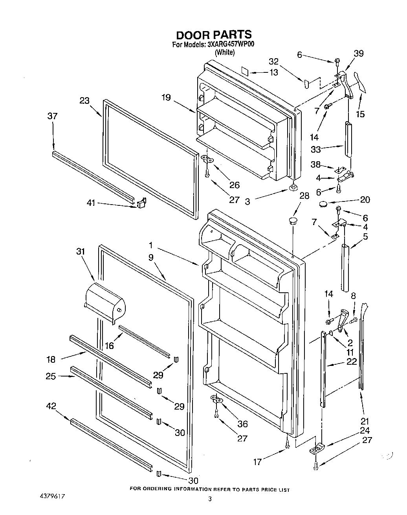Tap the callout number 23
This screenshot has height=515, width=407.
pos(84,101)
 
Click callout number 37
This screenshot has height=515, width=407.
pos(52,116)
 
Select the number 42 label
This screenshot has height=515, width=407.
pos(51,406)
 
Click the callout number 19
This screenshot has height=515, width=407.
pos(166,97)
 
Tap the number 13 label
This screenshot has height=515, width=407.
pos(273,72)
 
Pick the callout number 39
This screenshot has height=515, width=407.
pos(358,54)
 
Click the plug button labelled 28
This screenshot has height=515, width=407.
pos(293,220)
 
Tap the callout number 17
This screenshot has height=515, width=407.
pos(257,462)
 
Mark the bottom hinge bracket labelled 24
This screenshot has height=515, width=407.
pos(318,448)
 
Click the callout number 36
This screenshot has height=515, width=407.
pos(243,424)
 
